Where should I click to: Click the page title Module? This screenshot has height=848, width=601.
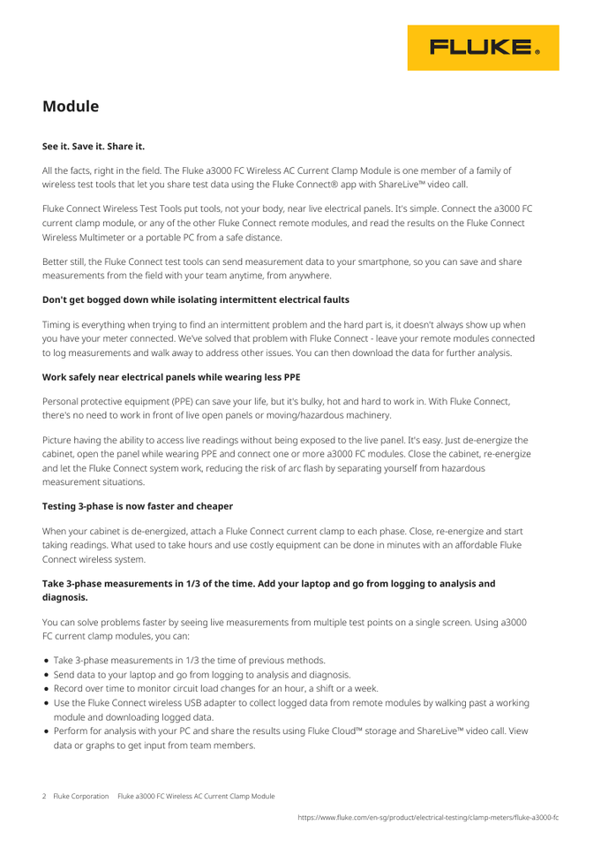tap(71, 107)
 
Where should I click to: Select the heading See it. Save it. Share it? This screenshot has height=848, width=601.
tap(94, 146)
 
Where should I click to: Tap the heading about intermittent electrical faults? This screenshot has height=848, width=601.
tap(196, 299)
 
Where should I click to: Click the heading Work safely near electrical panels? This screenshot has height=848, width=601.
tap(171, 377)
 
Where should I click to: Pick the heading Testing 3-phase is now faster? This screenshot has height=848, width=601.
tap(138, 506)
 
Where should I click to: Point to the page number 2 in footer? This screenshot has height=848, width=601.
tap(45, 796)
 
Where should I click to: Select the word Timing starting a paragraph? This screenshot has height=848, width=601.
tap(59, 325)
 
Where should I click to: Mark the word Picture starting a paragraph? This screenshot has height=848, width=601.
tap(60, 440)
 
